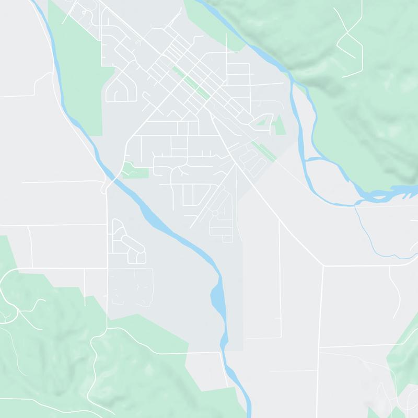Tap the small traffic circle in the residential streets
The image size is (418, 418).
click(214, 214)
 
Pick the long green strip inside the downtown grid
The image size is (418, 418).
click(192, 83)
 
